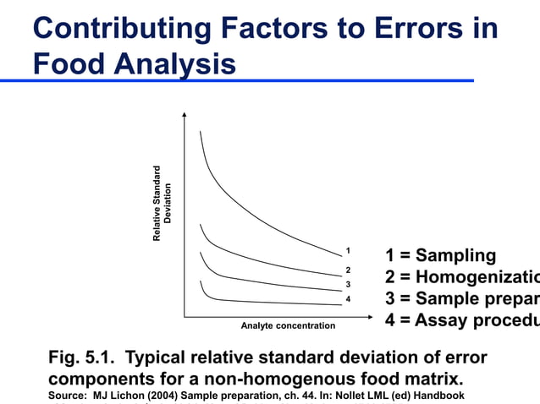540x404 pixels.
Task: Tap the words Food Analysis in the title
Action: [x=135, y=63]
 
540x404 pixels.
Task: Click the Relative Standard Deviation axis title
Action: [x=162, y=204]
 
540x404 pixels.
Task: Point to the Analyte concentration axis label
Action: [x=288, y=326]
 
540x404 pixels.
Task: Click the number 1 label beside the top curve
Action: [x=348, y=251]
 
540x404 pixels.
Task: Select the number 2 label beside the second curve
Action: [x=348, y=270]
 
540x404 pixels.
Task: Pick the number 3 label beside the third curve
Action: [x=348, y=284]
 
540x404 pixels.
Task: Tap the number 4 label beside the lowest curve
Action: [x=348, y=300]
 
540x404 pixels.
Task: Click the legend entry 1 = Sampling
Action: [x=440, y=256]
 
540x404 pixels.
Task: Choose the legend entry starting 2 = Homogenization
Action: [x=461, y=278]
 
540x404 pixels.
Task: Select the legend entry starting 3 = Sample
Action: [x=461, y=299]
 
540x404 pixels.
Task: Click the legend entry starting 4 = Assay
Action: [x=461, y=321]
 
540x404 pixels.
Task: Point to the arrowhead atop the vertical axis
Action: [x=184, y=115]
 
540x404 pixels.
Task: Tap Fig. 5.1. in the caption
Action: [x=82, y=358]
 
